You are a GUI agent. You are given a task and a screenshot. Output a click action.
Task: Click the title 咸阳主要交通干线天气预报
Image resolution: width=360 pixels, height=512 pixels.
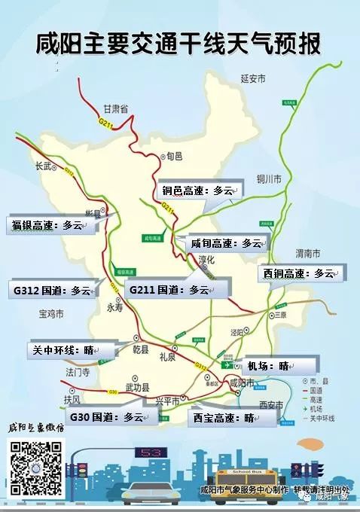[x=179, y=44]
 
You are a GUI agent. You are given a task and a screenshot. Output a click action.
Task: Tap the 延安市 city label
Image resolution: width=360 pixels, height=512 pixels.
[x=255, y=78]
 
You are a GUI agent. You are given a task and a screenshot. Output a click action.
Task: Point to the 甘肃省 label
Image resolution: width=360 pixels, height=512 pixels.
[x=117, y=109]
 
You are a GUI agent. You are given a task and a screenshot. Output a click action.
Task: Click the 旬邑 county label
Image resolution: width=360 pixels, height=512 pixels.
[x=175, y=156]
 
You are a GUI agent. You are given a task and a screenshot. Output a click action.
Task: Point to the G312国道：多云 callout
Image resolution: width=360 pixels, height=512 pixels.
[x=50, y=288]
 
